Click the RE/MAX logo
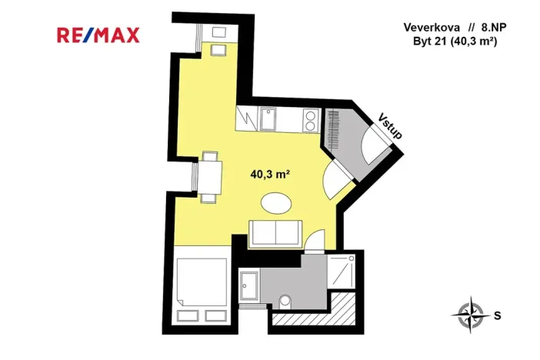[98, 35]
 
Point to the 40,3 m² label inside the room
[269, 174]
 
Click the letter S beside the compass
[498, 315]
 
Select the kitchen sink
[269, 120]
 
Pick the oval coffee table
[276, 203]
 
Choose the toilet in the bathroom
[286, 302]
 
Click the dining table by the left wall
[210, 176]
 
